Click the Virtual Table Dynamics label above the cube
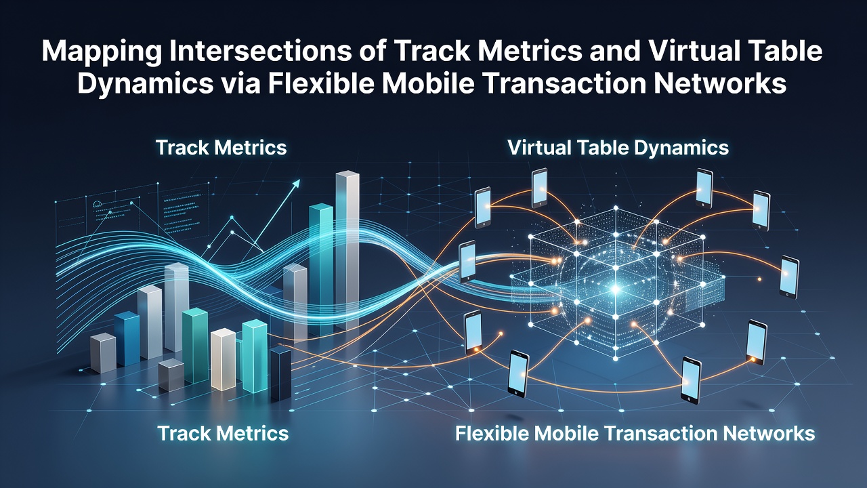point(618,148)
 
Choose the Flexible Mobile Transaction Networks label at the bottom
point(635,433)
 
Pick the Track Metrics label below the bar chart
point(224,433)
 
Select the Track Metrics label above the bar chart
point(221,148)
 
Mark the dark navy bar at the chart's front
point(280,373)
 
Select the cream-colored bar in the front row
point(224,359)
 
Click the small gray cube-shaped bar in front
point(171,375)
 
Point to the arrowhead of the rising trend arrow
point(296,183)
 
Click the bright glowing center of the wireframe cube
point(615,289)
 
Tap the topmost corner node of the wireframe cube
point(616,209)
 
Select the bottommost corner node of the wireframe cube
point(616,359)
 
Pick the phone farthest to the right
point(789,277)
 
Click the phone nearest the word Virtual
point(539,188)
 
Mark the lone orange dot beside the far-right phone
point(759,279)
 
